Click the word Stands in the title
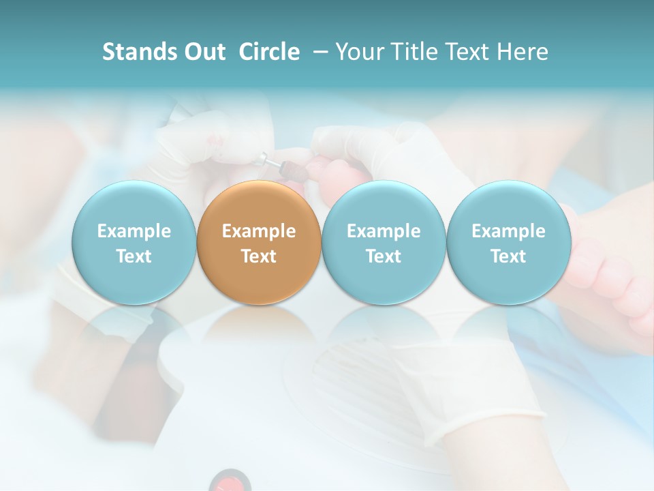pos(135,52)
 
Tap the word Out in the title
pos(200,52)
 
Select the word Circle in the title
pos(269,52)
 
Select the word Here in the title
pos(525,52)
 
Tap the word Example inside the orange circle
pos(259,231)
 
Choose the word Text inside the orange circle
pos(259,256)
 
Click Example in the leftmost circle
pos(134,231)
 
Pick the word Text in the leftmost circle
pos(134,256)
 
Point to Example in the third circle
pos(384,231)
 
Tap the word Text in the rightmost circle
pos(508,256)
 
